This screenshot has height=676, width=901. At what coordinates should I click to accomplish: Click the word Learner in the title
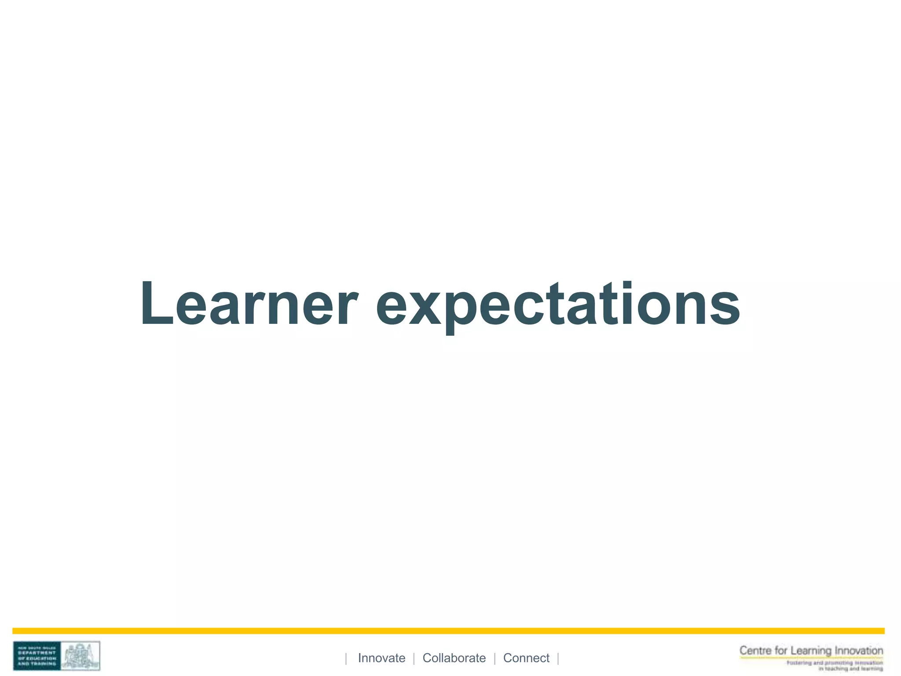click(249, 304)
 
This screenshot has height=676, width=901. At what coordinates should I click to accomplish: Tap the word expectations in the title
click(558, 306)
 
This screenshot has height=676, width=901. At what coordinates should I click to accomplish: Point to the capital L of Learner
click(156, 304)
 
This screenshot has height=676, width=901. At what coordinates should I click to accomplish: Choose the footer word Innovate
click(381, 658)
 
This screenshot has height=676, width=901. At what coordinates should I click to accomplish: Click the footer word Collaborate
click(454, 658)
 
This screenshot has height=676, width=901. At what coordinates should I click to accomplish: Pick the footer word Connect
click(526, 658)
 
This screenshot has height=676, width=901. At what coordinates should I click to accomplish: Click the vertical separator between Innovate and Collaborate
click(414, 658)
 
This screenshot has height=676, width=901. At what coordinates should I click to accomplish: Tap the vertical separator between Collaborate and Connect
click(495, 658)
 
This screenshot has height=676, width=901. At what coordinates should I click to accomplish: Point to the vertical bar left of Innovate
click(346, 658)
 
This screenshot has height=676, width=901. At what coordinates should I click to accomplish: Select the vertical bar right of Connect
click(558, 658)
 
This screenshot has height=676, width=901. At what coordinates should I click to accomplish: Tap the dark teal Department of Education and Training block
click(37, 656)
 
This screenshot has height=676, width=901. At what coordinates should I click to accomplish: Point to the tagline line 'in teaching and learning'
click(850, 669)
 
